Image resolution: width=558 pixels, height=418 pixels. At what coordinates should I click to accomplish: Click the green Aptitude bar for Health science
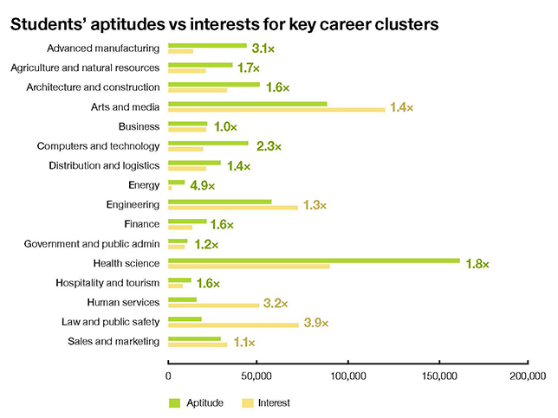[x=314, y=260]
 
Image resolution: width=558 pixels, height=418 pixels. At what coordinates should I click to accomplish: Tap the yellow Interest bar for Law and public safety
[x=233, y=325]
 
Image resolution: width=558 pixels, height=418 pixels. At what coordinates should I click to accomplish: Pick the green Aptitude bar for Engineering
[x=220, y=202]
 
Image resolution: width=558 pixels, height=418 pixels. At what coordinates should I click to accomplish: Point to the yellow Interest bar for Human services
[x=213, y=305]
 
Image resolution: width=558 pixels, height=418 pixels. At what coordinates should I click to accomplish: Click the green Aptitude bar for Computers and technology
[x=208, y=143]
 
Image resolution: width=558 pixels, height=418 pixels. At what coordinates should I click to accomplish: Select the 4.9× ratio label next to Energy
[x=202, y=185]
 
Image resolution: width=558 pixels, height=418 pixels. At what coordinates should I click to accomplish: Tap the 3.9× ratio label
[x=316, y=323]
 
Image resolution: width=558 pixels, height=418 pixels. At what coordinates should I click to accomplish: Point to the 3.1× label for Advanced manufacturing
[x=263, y=48]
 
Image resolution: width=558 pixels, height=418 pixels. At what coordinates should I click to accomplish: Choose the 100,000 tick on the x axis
[x=347, y=376]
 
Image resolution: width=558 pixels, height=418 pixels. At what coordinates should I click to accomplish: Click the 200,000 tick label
[x=527, y=376]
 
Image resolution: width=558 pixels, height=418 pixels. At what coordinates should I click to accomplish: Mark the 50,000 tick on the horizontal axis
[x=257, y=376]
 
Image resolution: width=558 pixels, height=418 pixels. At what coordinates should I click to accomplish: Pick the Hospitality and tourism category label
[x=107, y=283]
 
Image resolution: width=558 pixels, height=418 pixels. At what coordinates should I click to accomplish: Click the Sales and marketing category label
[x=114, y=341]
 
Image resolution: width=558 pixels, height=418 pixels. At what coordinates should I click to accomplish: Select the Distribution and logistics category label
[x=104, y=165]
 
